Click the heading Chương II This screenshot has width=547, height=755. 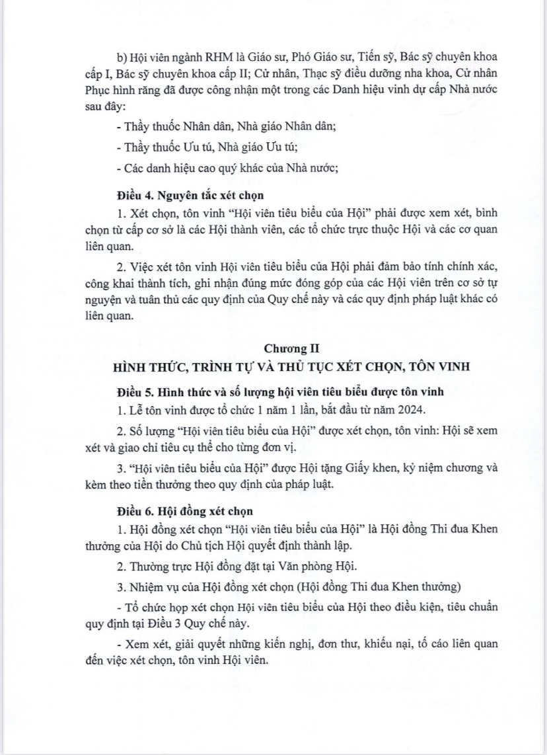288,348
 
